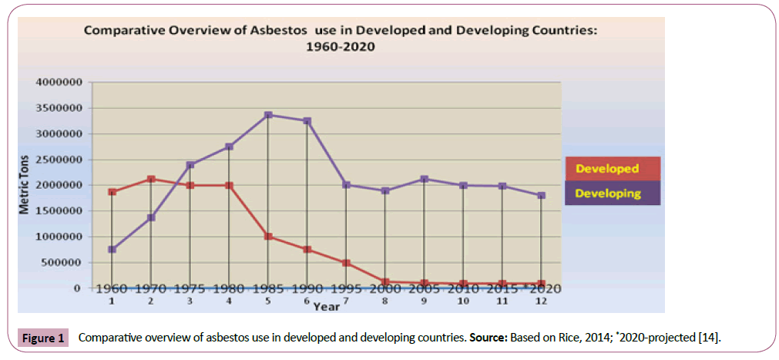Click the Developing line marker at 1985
pos(267,115)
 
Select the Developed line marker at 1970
pos(150,179)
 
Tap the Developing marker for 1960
pos(112,249)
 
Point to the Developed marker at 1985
pos(267,237)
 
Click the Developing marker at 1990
pos(307,121)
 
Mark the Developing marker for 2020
pos(541,195)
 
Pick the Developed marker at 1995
pos(346,263)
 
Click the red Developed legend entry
pos(607,168)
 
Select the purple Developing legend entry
pos(607,193)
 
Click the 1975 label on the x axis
pos(189,289)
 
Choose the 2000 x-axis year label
pos(384,289)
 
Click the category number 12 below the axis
pos(541,301)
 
